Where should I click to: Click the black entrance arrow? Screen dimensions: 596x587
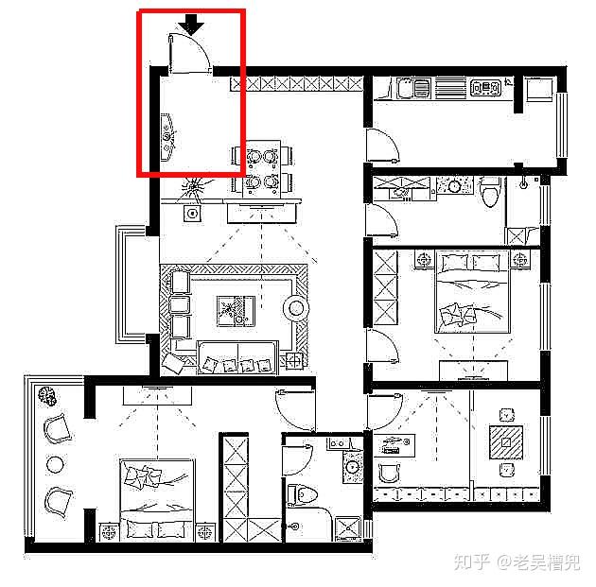191,26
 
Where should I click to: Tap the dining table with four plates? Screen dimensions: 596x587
262,169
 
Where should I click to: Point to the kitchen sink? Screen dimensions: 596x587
413,88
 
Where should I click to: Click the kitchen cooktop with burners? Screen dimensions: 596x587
485,88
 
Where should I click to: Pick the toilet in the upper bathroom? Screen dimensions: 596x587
490,192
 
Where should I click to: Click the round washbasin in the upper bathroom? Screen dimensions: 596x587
454,186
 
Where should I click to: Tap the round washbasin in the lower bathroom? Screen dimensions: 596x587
353,466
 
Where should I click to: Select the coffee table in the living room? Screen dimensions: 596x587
237,311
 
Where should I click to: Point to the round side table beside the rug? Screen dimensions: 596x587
296,308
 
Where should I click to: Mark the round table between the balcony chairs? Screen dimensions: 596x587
55,464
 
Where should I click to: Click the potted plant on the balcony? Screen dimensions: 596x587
47,396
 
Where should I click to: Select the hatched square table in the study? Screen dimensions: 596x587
506,442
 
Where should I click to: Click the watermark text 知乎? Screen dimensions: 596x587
472,561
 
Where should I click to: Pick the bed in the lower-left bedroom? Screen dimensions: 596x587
157,499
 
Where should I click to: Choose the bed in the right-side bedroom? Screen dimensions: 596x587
472,291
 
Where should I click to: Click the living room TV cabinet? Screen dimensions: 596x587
262,213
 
